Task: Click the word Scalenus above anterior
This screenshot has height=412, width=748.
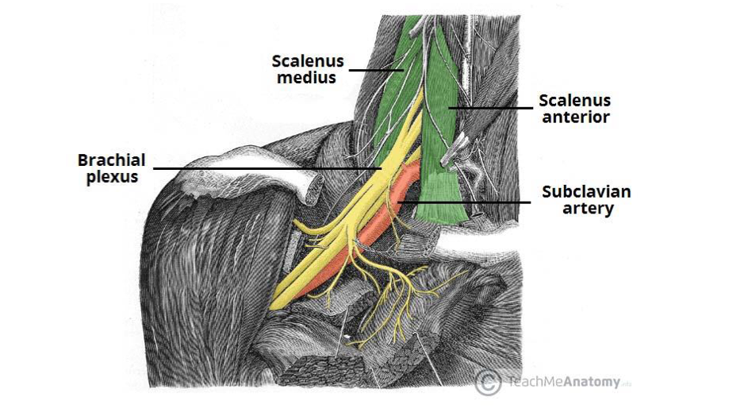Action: pyautogui.click(x=575, y=101)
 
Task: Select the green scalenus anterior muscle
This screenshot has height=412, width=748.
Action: pyautogui.click(x=440, y=159)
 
